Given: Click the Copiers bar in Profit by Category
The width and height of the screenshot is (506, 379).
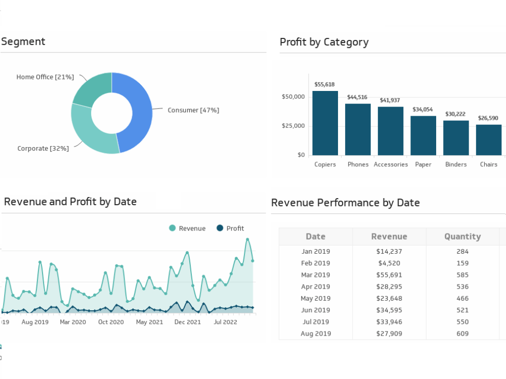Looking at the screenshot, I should click(x=325, y=123).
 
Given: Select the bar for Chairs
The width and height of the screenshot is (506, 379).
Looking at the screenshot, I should click(x=489, y=140).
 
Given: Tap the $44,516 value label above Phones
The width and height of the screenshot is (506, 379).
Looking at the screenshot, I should click(x=357, y=97).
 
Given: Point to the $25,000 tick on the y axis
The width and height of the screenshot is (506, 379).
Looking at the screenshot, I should click(x=293, y=126).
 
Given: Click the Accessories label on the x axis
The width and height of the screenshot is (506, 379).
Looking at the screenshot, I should click(x=391, y=165).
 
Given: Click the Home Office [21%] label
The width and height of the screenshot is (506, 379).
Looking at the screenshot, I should click(x=45, y=77).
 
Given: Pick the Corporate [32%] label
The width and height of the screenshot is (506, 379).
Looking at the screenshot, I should click(x=43, y=149).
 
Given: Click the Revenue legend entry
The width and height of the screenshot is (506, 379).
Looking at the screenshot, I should click(x=187, y=228).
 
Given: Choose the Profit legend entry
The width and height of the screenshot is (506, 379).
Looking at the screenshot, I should click(x=230, y=228).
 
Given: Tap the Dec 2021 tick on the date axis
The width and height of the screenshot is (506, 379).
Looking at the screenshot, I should click(x=188, y=322).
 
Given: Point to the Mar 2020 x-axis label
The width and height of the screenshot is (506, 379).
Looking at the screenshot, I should click(x=73, y=322).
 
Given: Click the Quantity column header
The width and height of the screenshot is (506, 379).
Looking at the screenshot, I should click(x=462, y=236).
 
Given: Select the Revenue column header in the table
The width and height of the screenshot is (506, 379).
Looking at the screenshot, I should click(x=389, y=236).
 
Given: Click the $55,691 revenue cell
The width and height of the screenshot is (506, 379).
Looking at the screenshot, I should click(x=389, y=275).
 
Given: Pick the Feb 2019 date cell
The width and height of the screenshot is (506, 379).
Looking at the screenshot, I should click(x=315, y=263).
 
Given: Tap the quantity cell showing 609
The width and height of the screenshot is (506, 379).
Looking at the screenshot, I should click(x=462, y=334).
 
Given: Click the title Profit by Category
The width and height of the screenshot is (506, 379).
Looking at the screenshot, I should click(x=324, y=42).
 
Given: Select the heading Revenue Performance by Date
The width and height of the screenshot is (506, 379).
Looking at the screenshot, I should click(x=345, y=203).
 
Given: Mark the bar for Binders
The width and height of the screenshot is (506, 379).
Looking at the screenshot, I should click(x=456, y=138).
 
